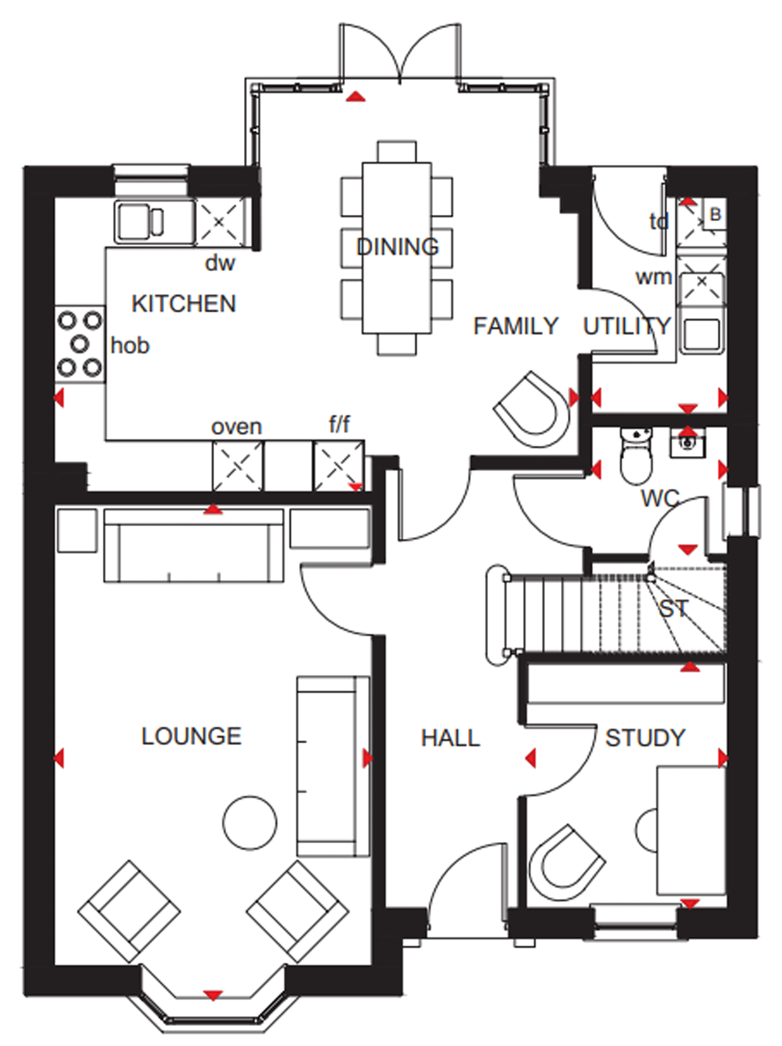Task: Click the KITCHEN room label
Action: click(x=184, y=303)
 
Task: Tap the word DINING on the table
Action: click(x=397, y=247)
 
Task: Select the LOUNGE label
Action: click(x=191, y=736)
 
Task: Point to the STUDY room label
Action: click(x=645, y=738)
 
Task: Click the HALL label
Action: click(x=450, y=738)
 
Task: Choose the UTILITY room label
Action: click(x=627, y=326)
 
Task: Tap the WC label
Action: click(x=660, y=499)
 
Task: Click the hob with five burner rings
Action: click(x=80, y=344)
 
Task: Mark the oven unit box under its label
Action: click(x=238, y=466)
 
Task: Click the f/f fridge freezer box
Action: click(x=338, y=466)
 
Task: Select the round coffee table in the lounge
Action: click(x=250, y=823)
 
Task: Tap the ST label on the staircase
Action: click(x=674, y=609)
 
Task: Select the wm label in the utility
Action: click(x=653, y=277)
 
